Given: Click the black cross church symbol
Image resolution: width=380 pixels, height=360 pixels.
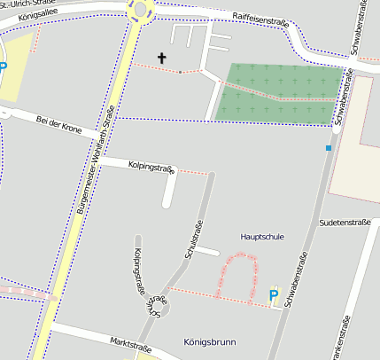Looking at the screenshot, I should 161,59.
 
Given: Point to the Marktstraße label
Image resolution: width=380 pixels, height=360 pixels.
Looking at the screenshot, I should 129,343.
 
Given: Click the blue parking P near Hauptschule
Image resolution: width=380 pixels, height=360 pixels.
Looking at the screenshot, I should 273,295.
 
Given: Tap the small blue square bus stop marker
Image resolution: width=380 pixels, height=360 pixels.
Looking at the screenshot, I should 329,148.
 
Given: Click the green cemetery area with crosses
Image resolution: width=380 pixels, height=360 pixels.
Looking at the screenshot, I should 279,93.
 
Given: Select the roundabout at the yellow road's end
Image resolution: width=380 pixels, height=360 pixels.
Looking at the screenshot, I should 140,9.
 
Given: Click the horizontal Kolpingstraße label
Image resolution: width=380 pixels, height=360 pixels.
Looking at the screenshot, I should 151,166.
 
